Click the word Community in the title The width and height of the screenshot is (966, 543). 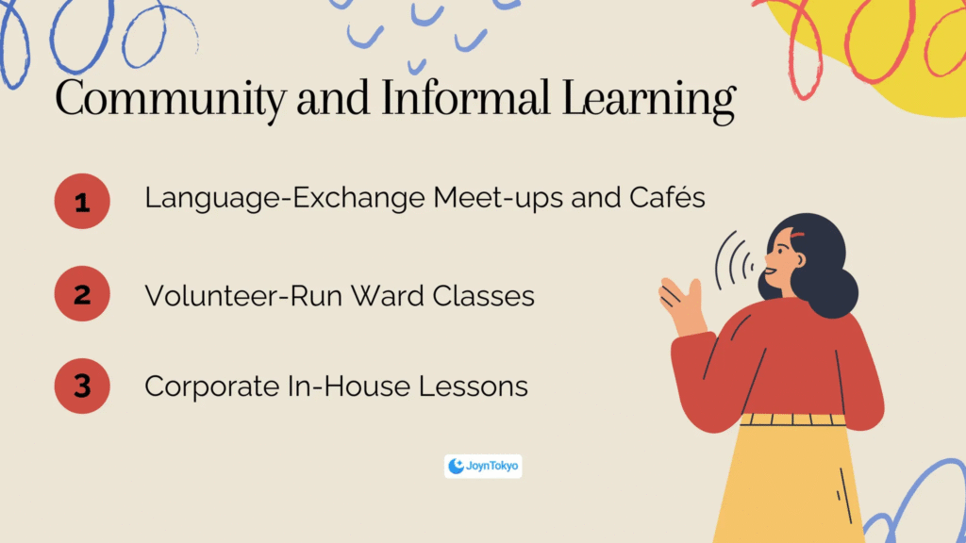pos(171,99)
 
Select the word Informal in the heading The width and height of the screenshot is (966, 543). pos(464,97)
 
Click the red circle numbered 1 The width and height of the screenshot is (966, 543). pos(82,202)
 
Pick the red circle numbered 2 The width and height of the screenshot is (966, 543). pos(82,294)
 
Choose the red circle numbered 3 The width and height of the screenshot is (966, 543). pos(82,386)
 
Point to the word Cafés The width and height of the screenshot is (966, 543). pos(667,197)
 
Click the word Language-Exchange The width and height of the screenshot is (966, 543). pos(285,198)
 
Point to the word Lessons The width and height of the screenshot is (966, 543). pos(474,386)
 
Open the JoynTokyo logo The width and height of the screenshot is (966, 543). pos(483,466)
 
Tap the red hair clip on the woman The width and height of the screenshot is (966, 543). pos(797,236)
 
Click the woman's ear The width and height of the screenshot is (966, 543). pos(799,260)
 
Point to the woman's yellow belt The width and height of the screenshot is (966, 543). pos(792,420)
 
